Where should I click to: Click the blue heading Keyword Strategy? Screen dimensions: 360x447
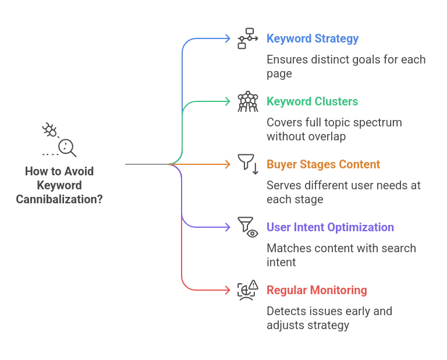311,40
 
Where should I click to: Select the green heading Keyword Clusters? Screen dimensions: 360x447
311,102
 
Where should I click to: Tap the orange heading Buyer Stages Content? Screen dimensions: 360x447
324,165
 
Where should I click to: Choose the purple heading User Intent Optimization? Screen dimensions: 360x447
331,227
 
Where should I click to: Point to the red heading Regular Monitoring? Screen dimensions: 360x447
317,290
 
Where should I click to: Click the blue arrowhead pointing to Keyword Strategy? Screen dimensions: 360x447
228,40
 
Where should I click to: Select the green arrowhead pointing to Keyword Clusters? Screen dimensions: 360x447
228,102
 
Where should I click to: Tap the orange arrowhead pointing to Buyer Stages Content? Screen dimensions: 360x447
228,165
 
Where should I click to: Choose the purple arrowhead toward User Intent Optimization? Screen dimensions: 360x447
228,227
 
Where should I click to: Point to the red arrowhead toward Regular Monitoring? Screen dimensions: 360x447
228,290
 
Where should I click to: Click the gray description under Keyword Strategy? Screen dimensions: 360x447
346,66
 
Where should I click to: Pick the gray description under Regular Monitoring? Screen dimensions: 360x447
330,319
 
